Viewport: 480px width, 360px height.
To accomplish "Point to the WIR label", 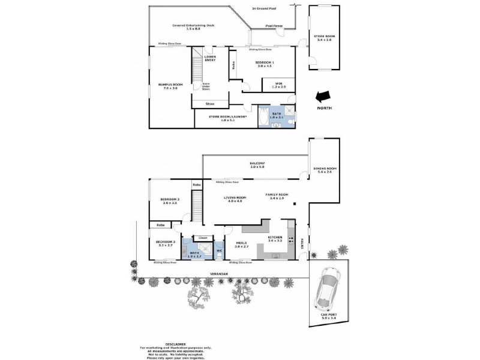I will (x=279, y=85).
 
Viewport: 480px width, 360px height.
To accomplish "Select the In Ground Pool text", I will (x=263, y=8).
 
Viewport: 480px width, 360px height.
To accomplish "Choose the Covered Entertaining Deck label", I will (x=193, y=26).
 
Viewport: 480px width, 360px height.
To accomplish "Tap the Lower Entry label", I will (x=211, y=59).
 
